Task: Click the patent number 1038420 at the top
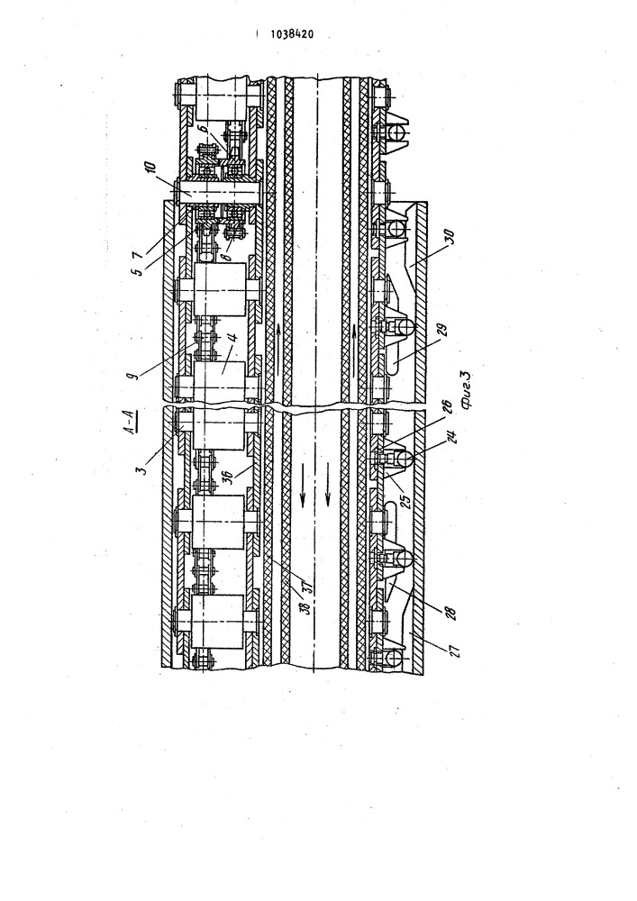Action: [x=292, y=34]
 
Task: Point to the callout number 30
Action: [x=450, y=237]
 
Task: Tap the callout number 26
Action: [x=447, y=407]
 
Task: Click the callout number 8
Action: [x=228, y=251]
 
